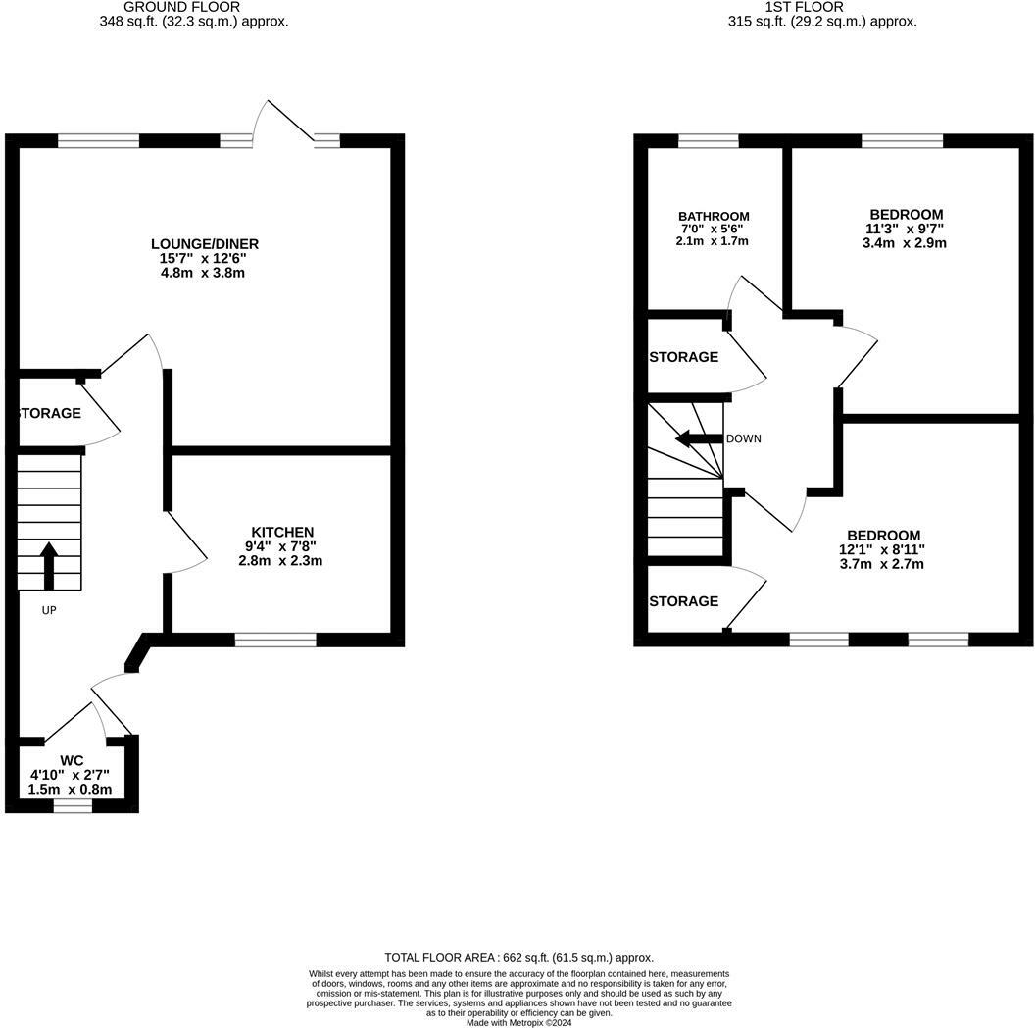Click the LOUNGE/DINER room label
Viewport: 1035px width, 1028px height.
tap(205, 244)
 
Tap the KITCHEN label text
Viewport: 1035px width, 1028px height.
tap(282, 532)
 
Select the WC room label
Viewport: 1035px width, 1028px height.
tap(72, 760)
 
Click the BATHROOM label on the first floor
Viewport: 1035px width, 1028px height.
tap(714, 216)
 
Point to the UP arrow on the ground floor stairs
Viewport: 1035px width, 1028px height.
tap(49, 566)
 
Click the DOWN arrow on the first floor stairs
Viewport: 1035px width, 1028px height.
tap(699, 438)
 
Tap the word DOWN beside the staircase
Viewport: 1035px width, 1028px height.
tap(743, 438)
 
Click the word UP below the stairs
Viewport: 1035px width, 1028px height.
tap(49, 610)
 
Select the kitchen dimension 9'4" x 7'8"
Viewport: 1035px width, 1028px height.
tap(280, 546)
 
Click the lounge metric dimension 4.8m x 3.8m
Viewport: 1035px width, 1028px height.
tap(203, 273)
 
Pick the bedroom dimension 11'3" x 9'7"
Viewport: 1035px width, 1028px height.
tap(905, 229)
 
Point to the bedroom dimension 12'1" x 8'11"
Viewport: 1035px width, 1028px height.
tap(882, 549)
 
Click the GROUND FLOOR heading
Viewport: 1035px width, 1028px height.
tap(181, 7)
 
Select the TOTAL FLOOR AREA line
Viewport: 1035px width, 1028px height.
tap(518, 957)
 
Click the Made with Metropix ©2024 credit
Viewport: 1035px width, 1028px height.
tap(518, 1023)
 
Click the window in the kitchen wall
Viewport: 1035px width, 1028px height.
tap(275, 640)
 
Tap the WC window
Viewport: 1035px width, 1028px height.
tap(73, 806)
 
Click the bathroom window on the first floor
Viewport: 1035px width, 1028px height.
tap(709, 140)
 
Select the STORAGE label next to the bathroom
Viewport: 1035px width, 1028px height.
tap(684, 357)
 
